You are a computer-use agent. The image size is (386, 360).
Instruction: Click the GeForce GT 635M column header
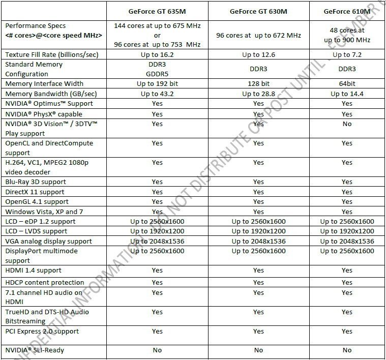click(157, 11)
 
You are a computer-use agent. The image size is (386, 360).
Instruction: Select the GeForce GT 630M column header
click(258, 11)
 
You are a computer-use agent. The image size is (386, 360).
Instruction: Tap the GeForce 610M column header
click(347, 11)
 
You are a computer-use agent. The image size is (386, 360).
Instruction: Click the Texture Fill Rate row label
click(51, 54)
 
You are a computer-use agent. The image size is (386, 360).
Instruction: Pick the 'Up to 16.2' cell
click(157, 54)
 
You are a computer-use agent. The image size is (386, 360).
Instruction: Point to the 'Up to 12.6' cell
click(258, 54)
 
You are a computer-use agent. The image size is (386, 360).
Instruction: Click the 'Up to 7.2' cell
click(347, 54)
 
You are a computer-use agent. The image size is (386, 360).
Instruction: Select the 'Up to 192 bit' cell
click(157, 83)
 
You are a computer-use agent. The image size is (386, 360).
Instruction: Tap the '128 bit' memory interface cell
click(258, 83)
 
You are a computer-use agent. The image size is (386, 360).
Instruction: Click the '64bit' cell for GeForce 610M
click(347, 83)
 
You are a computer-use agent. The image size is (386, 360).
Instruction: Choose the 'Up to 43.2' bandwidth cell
click(157, 94)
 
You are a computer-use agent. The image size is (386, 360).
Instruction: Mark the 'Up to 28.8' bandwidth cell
click(258, 94)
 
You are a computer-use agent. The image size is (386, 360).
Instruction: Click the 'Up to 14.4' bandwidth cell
click(347, 94)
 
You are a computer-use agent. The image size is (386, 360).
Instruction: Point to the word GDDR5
click(157, 74)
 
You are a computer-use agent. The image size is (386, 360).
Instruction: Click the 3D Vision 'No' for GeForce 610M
click(347, 124)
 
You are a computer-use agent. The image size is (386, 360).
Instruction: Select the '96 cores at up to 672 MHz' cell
click(258, 35)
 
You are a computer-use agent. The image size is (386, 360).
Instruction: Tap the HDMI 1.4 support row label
click(33, 271)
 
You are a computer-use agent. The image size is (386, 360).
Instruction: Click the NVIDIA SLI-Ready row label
click(35, 350)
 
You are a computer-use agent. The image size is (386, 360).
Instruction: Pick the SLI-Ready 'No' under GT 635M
click(157, 350)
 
